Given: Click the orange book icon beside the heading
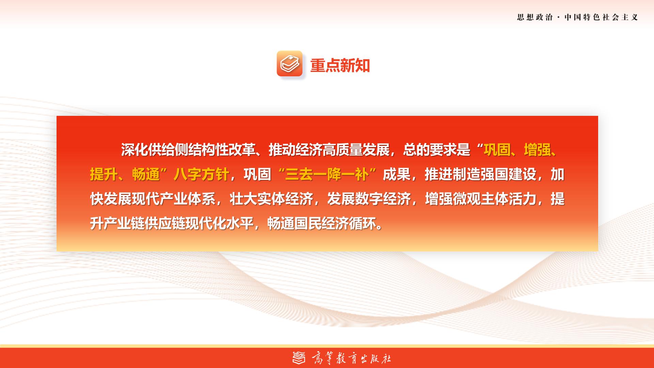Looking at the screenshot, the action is [x=290, y=63].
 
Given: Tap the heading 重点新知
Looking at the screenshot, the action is [x=340, y=65].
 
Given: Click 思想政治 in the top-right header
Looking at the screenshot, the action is [x=535, y=17].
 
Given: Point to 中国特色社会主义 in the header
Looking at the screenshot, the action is [x=601, y=17].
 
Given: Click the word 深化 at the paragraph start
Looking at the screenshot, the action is [x=134, y=150].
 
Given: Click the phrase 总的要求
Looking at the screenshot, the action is [x=430, y=150].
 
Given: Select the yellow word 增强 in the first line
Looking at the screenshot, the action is [x=537, y=150].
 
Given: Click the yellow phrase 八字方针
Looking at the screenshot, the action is [x=201, y=174].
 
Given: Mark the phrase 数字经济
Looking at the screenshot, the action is [x=383, y=199].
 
